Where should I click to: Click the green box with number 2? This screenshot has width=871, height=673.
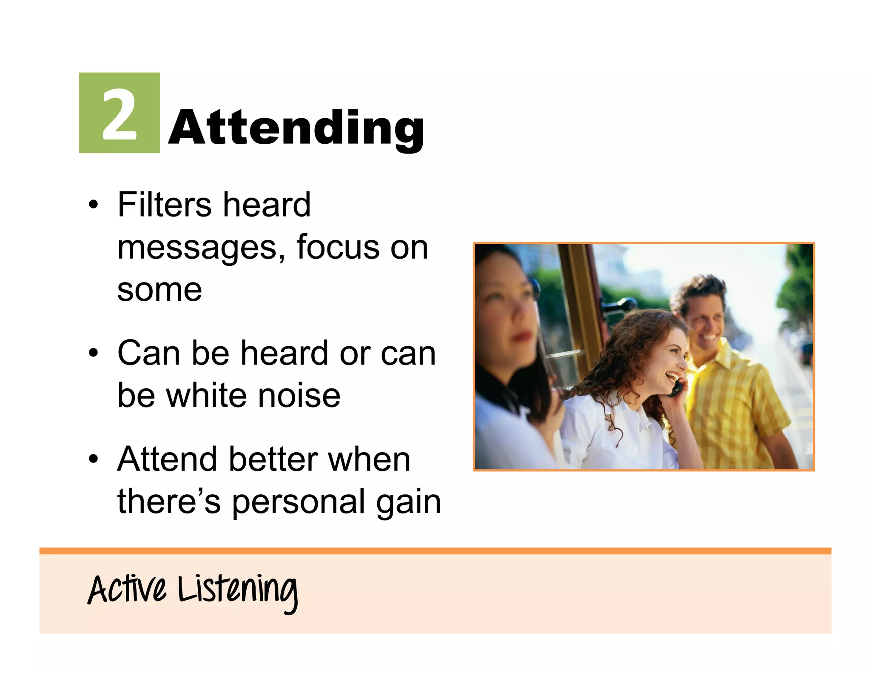pyautogui.click(x=119, y=113)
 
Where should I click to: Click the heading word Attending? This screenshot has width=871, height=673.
pyautogui.click(x=296, y=128)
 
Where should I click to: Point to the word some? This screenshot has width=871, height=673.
pyautogui.click(x=159, y=291)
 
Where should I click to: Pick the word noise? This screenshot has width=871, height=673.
pyautogui.click(x=299, y=396)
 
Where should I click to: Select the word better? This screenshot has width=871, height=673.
pyautogui.click(x=273, y=459)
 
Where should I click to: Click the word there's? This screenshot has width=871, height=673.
pyautogui.click(x=169, y=502)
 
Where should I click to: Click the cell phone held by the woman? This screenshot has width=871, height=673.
pyautogui.click(x=676, y=388)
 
